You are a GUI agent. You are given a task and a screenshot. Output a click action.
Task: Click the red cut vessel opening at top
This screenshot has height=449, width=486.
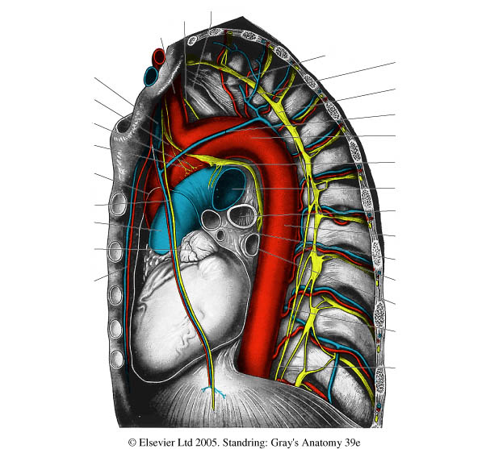159,56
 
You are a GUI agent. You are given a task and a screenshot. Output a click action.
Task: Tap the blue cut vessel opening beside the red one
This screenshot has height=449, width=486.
152,76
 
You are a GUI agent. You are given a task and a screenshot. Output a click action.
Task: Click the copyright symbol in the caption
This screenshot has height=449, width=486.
132,442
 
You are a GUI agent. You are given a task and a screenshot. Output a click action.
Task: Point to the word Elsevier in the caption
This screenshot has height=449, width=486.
153,442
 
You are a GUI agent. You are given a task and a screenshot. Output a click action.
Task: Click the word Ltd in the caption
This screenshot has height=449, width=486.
178,442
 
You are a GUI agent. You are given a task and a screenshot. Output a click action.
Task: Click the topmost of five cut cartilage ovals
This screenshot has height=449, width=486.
118,204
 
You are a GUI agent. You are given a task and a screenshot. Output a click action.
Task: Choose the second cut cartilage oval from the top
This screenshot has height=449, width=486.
115,252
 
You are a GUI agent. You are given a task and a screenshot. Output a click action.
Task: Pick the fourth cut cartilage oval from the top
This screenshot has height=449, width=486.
115,328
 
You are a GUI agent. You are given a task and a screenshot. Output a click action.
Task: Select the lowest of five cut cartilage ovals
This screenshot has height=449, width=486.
117,359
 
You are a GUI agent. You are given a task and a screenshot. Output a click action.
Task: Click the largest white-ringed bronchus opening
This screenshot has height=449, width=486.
241,216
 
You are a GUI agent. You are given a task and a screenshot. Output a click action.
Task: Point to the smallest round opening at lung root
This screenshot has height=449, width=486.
221,235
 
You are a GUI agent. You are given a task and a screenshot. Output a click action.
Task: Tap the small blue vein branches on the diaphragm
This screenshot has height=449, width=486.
214,392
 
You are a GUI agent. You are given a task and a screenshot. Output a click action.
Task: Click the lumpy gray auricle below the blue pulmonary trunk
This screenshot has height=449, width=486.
195,246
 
